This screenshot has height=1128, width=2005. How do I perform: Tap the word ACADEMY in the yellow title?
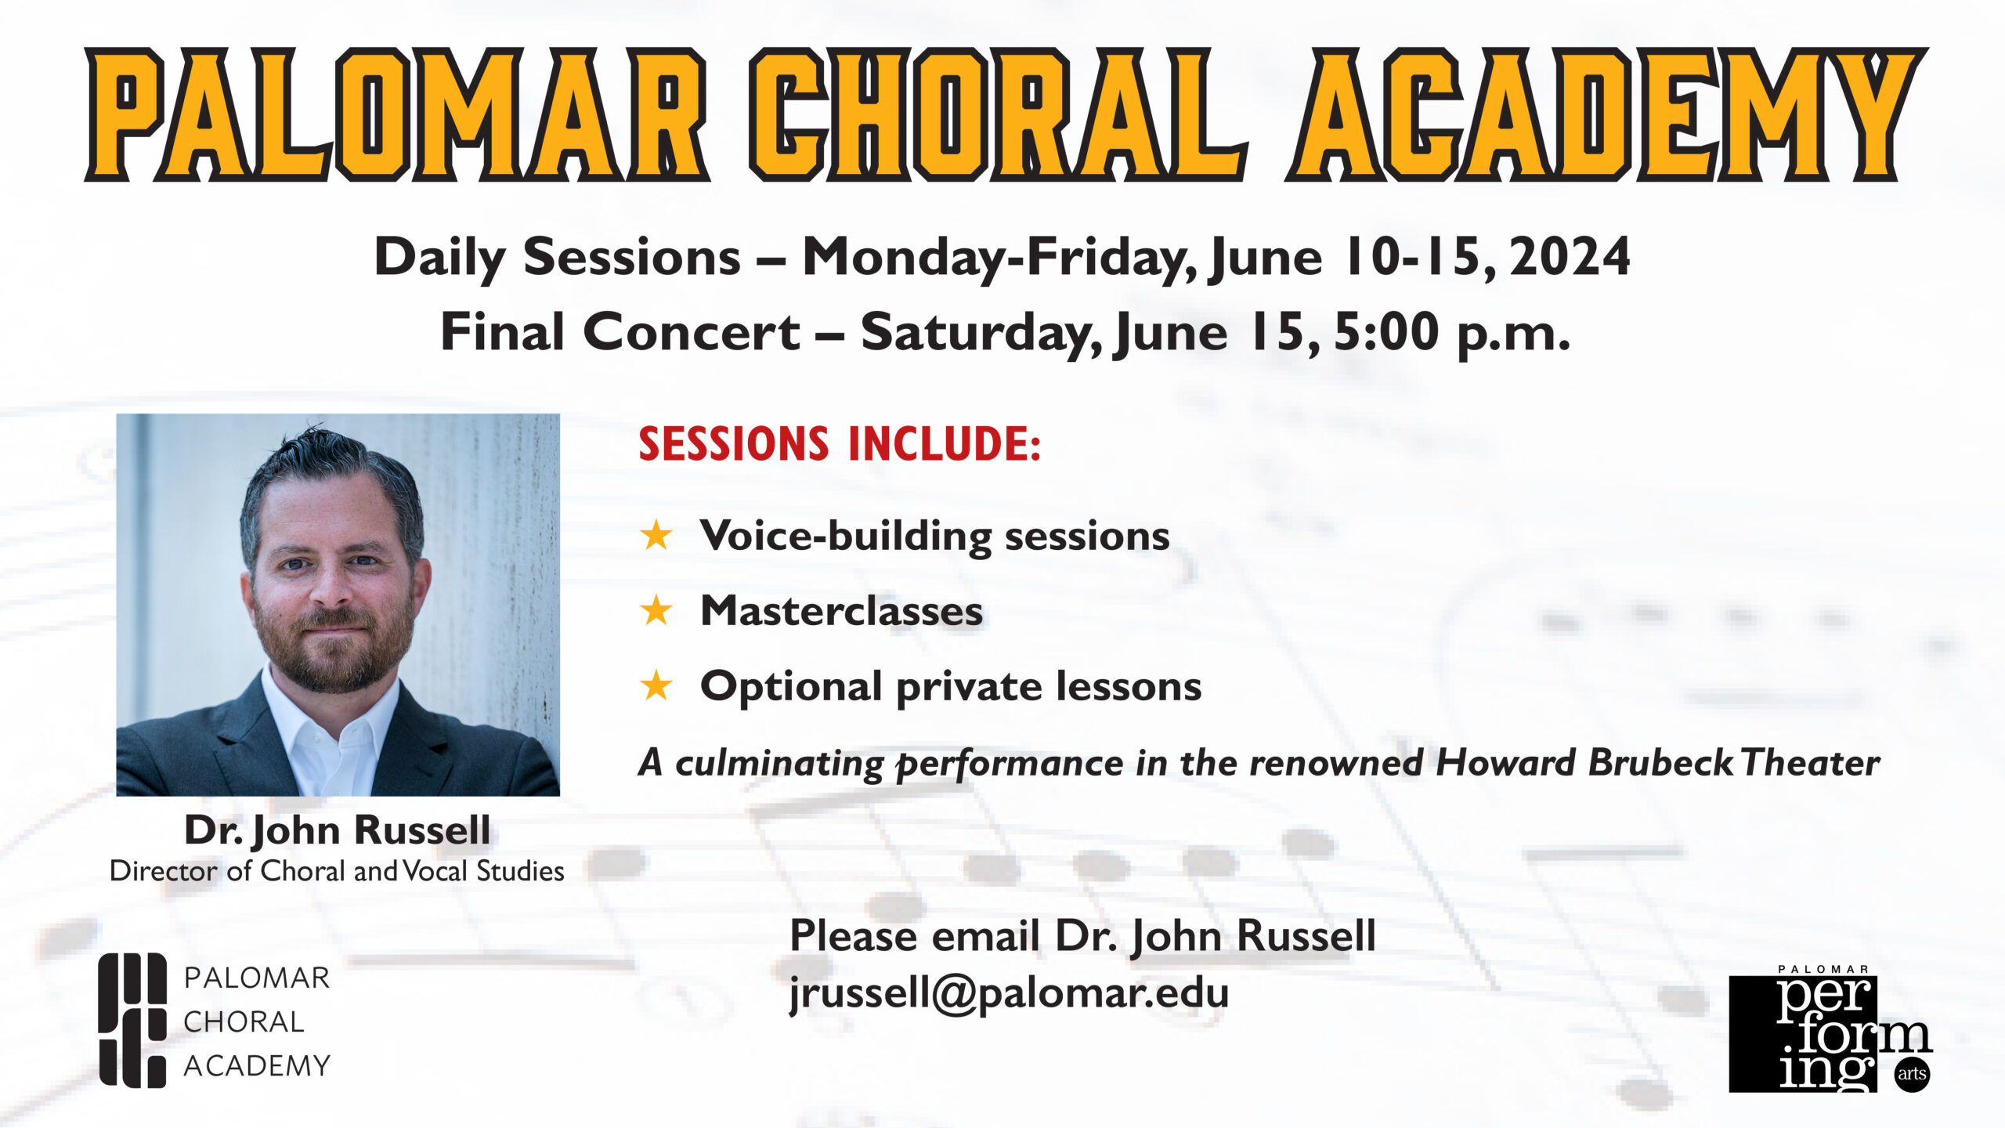click(1606, 114)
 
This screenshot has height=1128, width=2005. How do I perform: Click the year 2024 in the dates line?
click(1570, 257)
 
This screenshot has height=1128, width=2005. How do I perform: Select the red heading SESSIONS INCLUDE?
click(840, 443)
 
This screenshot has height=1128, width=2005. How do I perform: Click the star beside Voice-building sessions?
click(656, 536)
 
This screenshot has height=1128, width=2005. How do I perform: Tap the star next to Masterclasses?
click(656, 611)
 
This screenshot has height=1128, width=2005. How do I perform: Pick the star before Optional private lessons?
click(656, 686)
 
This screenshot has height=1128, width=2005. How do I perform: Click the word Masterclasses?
click(841, 611)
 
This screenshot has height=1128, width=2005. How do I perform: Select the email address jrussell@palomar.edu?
click(1009, 993)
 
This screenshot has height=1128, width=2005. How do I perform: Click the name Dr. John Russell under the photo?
click(338, 830)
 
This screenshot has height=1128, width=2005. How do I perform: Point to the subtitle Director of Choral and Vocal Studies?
click(337, 871)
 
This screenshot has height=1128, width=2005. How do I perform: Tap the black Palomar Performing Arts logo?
click(1830, 1031)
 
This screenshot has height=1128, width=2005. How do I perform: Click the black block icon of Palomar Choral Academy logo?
click(132, 1020)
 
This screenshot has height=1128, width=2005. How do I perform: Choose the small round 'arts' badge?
click(1911, 1074)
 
